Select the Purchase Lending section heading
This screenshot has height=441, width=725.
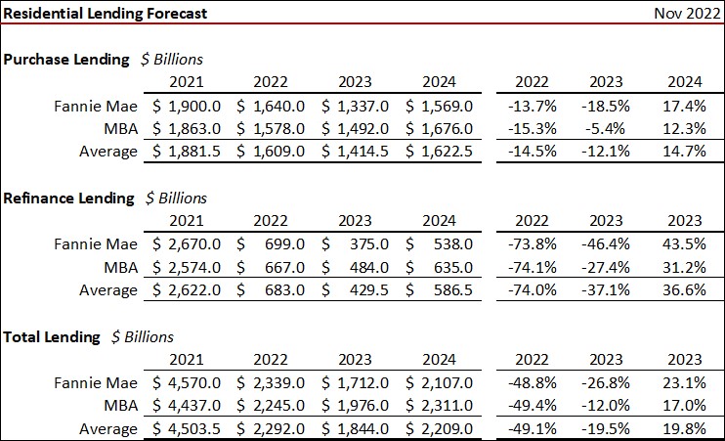tap(66, 59)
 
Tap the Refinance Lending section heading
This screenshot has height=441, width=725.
tap(69, 198)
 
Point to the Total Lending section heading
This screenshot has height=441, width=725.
tap(52, 336)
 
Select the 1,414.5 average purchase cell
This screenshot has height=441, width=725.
tap(362, 152)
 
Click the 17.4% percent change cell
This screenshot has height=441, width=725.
tap(683, 105)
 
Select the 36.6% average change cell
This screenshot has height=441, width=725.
tap(683, 290)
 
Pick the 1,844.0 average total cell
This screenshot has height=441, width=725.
tap(362, 429)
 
